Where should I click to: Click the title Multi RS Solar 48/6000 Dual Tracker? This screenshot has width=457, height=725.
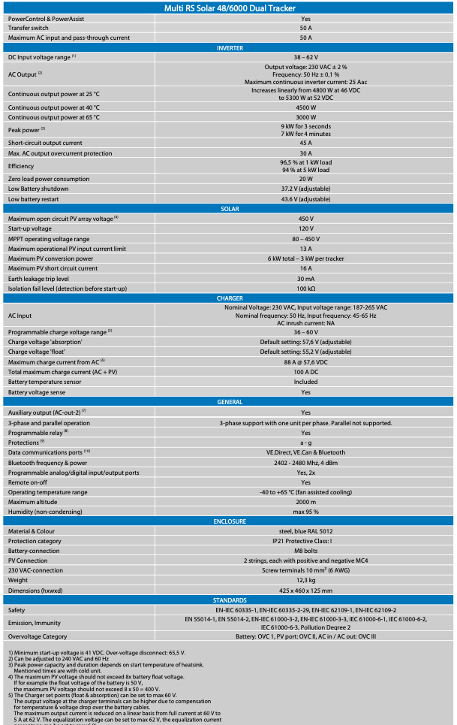click(229, 8)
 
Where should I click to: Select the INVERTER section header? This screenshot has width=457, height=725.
click(229, 47)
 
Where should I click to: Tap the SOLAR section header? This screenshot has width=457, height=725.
click(229, 208)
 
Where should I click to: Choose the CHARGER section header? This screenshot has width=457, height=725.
click(229, 298)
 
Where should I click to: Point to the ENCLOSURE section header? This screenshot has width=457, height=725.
click(229, 520)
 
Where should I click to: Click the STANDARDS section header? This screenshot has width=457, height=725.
click(229, 600)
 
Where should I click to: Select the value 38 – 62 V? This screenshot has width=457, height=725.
click(305, 56)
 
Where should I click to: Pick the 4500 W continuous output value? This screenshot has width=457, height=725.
click(305, 107)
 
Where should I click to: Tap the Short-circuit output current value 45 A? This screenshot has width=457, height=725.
click(305, 143)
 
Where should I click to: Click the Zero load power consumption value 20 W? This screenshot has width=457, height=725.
click(305, 179)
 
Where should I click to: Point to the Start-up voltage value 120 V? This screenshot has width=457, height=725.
click(305, 228)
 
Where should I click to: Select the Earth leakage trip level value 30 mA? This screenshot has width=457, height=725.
click(305, 279)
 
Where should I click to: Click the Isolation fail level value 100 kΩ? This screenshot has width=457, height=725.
click(305, 288)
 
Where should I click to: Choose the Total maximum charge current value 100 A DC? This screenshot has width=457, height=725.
click(305, 372)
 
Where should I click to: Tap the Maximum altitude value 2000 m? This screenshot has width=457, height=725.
click(305, 502)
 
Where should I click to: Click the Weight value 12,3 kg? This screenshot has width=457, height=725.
click(305, 580)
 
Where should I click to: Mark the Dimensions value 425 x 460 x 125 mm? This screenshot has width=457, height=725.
click(305, 591)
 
